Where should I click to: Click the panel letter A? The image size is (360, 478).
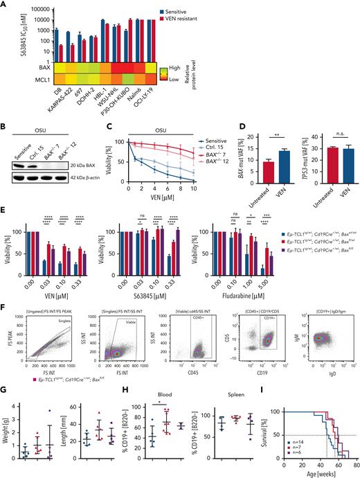point(5,5)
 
